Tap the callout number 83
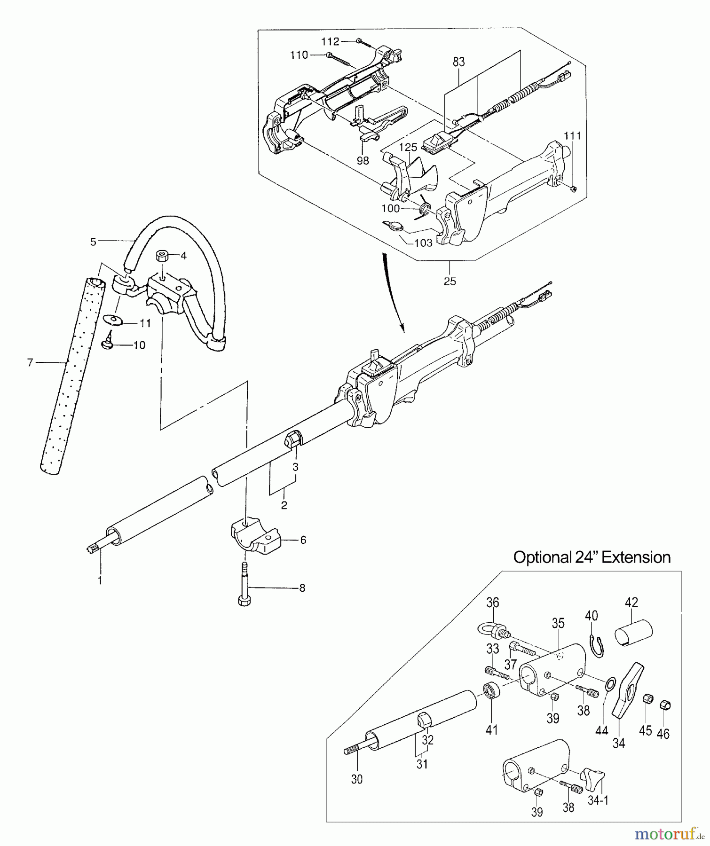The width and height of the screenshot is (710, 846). (x=458, y=62)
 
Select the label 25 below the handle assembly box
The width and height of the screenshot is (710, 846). (x=450, y=281)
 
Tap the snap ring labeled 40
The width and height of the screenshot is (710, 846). (x=596, y=645)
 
